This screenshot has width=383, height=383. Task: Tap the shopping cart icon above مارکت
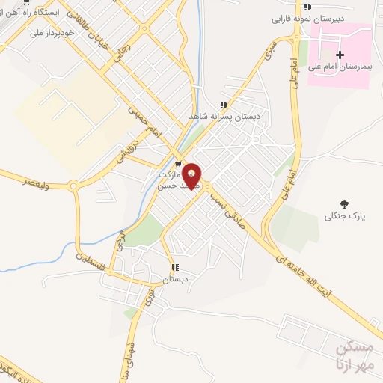pos(177,165)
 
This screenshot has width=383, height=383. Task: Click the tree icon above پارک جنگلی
pos(344,203)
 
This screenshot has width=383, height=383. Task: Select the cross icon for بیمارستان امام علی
pos(340,55)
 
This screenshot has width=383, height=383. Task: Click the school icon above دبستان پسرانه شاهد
pos(223,105)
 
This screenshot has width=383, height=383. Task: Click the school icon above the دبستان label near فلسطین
pos(175,267)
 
